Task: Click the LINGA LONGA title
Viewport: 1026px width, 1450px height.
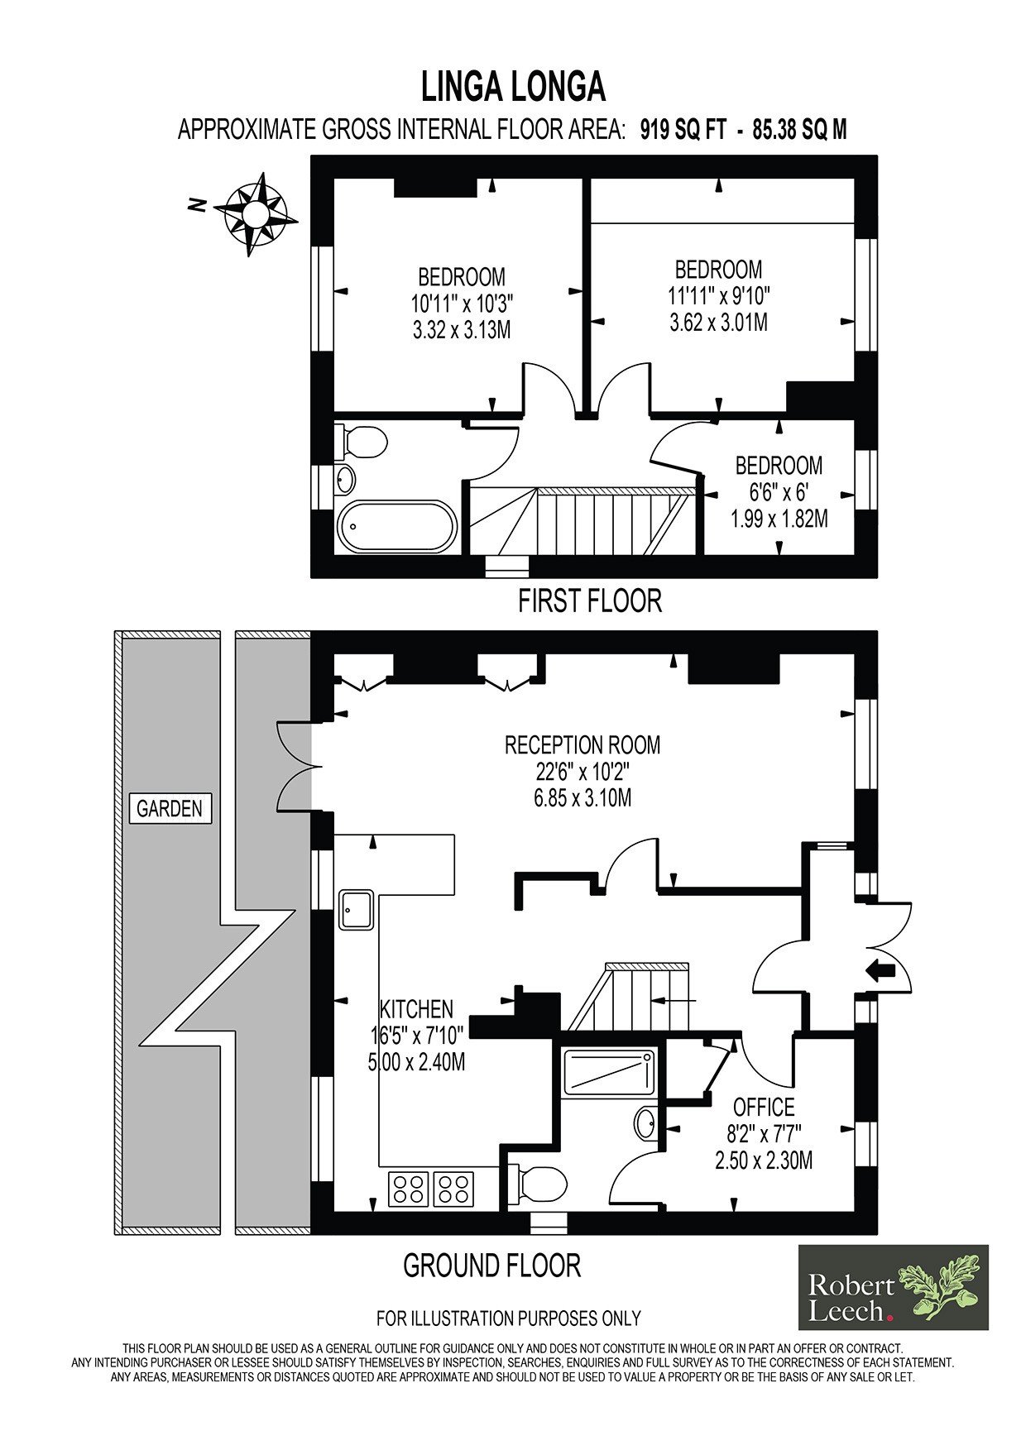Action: [513, 86]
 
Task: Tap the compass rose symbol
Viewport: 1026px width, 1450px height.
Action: [256, 214]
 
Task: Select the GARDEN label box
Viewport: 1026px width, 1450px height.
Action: [170, 808]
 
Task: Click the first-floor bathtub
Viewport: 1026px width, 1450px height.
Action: [397, 527]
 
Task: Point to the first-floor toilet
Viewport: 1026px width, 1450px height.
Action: [362, 442]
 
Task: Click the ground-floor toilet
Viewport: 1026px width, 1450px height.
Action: [536, 1186]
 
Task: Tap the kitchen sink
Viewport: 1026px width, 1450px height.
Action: [357, 910]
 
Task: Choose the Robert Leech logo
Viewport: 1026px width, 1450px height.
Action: [893, 1287]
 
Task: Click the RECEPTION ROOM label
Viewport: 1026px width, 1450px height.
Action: [583, 744]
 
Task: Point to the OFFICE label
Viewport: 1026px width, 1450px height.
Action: [764, 1107]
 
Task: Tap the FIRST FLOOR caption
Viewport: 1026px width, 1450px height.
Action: [590, 601]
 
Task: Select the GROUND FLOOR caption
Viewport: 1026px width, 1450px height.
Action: [491, 1265]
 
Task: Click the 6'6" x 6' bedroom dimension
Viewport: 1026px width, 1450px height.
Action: [779, 492]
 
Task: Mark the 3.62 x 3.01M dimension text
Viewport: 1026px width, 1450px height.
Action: [718, 322]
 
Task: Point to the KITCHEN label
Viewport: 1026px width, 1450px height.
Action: [416, 1009]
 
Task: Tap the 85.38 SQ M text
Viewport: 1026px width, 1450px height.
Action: [799, 130]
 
